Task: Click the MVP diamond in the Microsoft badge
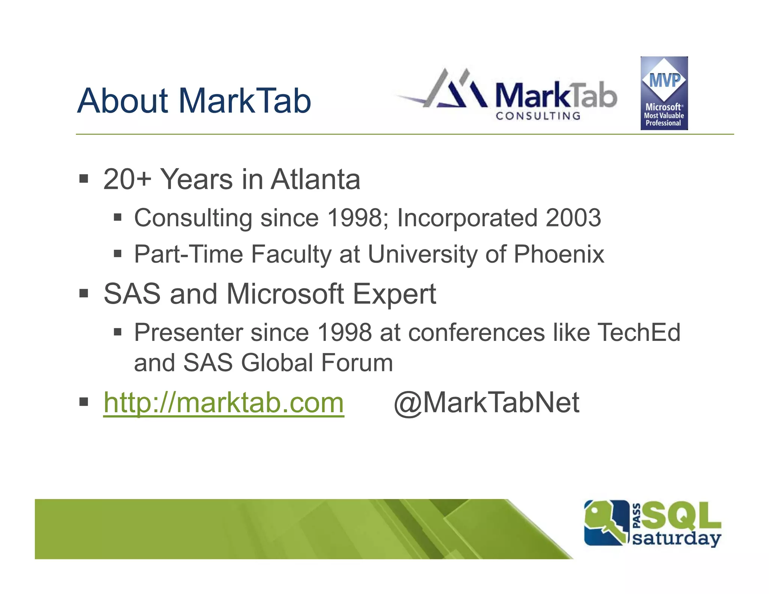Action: tap(664, 80)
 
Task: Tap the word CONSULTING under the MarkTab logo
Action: tap(538, 116)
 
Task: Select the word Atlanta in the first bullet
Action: tap(315, 179)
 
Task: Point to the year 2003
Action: tap(573, 218)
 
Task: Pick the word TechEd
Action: tap(638, 332)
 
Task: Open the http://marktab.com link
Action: tap(224, 403)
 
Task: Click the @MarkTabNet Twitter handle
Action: tap(487, 403)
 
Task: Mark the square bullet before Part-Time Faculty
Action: tap(118, 254)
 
